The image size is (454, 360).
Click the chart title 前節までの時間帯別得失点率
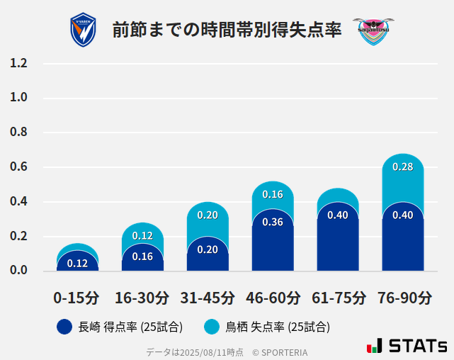[x=227, y=30]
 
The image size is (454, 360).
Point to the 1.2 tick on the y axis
[x=19, y=64]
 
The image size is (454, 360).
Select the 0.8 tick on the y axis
[x=19, y=133]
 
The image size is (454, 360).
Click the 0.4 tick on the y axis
[x=19, y=202]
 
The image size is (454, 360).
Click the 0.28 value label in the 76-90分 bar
[x=402, y=167]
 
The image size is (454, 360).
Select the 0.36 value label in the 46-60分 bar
[x=273, y=222]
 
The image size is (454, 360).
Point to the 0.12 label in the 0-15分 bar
[x=77, y=264]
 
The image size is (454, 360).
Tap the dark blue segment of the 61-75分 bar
[x=338, y=241]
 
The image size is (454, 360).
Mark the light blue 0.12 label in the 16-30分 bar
[x=142, y=236]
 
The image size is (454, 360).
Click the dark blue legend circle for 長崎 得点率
[x=64, y=327]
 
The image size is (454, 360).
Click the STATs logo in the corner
[x=407, y=346]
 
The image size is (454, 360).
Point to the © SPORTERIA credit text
[x=280, y=352]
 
